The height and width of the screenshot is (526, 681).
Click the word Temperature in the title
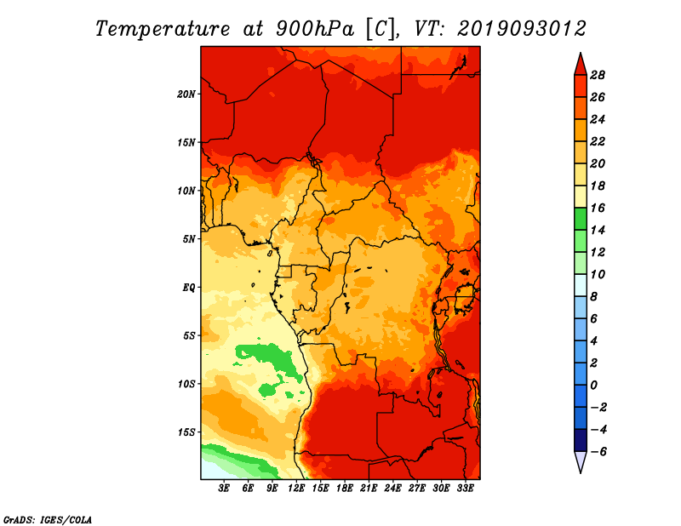[163, 30]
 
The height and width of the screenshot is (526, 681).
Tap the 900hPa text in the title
[315, 29]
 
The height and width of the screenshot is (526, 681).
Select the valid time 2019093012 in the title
[522, 29]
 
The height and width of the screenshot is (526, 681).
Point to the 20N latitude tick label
[186, 94]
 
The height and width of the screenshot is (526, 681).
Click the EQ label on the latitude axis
[188, 288]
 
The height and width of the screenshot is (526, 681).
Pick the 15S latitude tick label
[186, 432]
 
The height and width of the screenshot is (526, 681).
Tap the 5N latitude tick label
[188, 239]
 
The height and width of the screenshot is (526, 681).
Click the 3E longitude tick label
[224, 488]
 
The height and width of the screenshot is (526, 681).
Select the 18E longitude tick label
[345, 488]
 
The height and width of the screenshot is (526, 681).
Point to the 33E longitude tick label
[465, 488]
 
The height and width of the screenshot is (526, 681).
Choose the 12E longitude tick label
[296, 488]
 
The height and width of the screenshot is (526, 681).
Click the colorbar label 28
[598, 75]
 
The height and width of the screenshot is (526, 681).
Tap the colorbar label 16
[598, 208]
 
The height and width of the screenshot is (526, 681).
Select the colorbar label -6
[598, 452]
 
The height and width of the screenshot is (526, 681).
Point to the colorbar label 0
[593, 386]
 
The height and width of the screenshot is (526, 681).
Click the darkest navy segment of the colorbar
[581, 440]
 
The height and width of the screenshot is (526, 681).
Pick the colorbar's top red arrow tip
[581, 54]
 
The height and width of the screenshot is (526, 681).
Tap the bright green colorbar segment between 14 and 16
[581, 219]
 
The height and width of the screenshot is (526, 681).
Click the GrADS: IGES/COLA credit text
[48, 520]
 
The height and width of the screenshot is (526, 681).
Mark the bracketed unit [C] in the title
[380, 30]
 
